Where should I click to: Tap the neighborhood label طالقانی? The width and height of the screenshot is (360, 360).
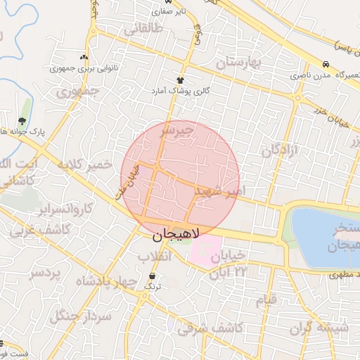(143, 30)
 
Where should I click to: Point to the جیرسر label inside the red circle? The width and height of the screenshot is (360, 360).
(176, 131)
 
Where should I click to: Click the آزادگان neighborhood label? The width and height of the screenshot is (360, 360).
(281, 150)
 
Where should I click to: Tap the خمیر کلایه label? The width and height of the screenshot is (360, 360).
(85, 166)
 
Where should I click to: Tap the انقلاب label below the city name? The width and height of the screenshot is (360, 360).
(154, 256)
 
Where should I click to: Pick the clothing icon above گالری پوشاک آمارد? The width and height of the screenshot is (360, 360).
(181, 80)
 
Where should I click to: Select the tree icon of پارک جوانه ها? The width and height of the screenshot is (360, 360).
(27, 120)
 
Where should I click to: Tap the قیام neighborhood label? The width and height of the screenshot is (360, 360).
(266, 301)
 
